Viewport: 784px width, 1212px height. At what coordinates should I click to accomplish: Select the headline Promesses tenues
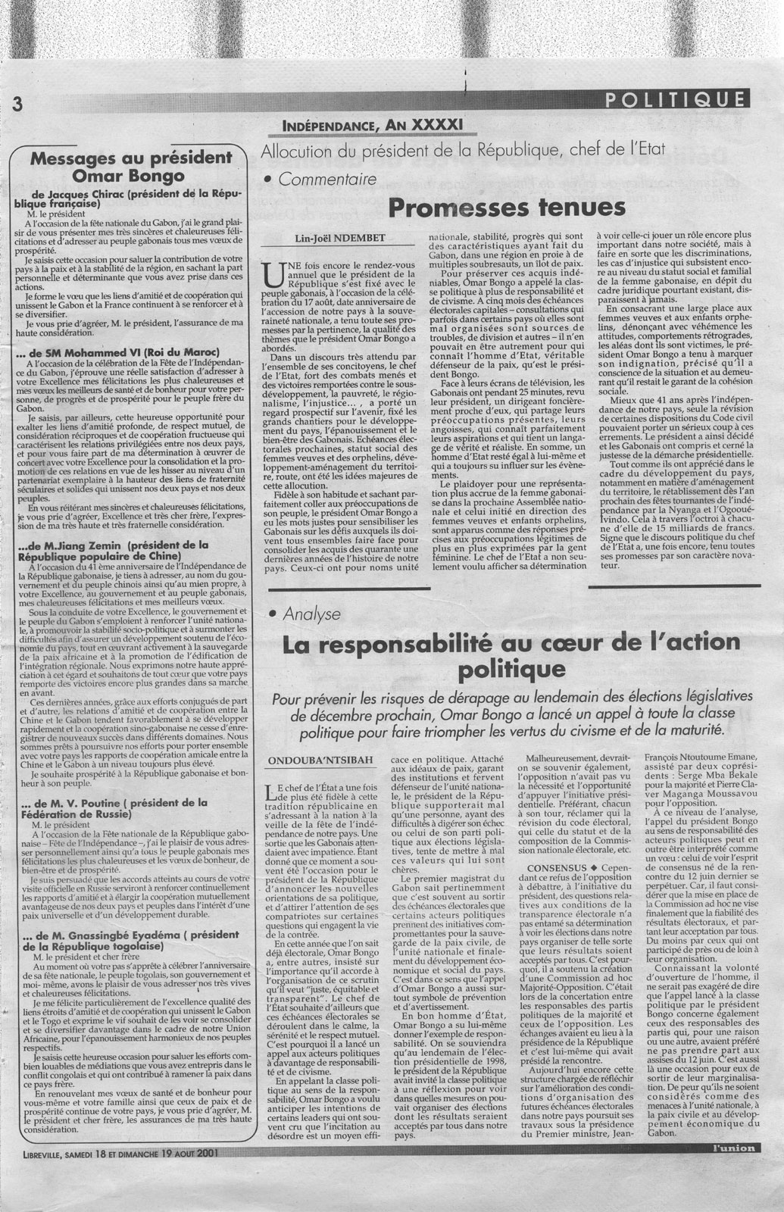[506, 206]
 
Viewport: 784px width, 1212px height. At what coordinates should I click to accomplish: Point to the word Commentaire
[328, 180]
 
